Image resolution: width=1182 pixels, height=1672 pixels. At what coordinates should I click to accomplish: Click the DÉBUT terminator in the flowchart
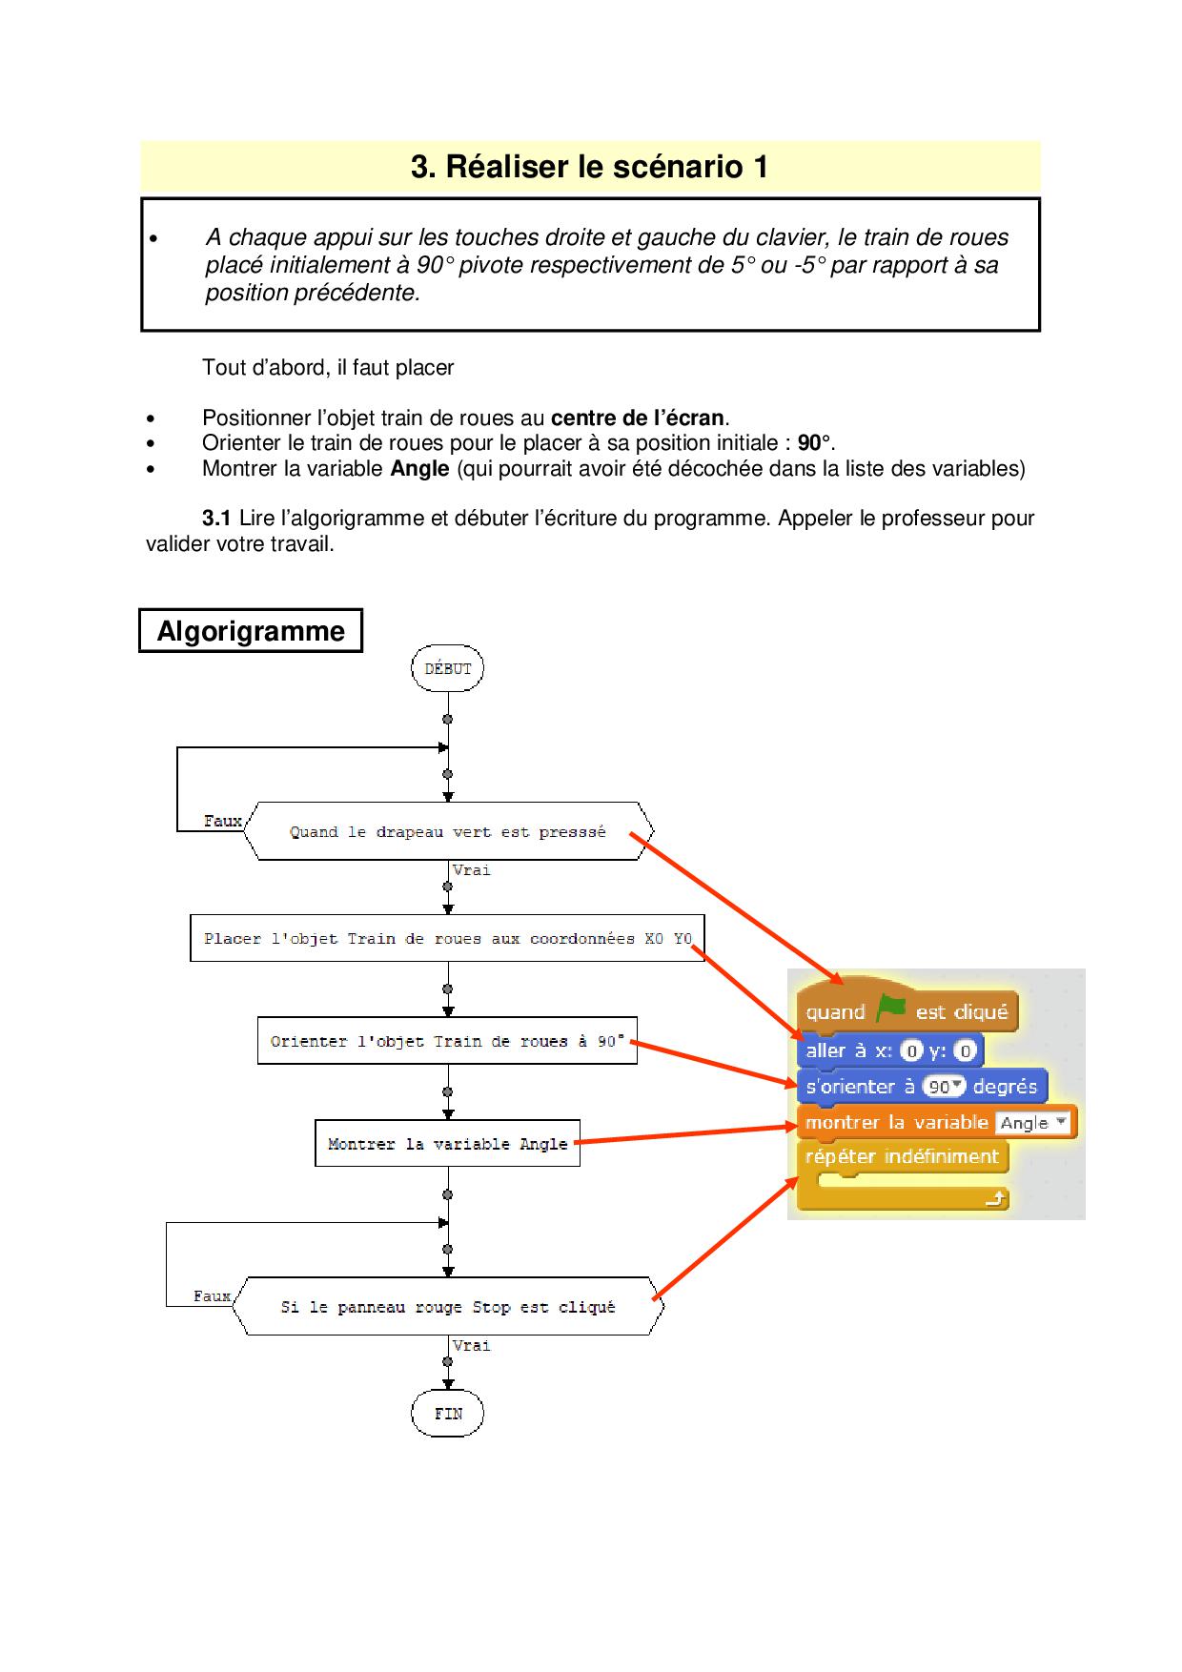(x=447, y=668)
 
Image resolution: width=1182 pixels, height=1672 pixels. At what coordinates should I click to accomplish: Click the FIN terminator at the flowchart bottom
(x=447, y=1414)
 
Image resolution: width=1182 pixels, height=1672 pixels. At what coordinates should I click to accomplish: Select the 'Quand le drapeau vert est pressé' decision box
(x=448, y=831)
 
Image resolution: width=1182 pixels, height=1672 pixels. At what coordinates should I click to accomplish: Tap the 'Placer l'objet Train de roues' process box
(x=447, y=939)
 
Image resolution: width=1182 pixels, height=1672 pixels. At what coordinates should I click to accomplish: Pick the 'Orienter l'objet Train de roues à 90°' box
(x=447, y=1041)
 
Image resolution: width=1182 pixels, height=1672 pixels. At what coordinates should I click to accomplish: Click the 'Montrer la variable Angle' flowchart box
(x=447, y=1144)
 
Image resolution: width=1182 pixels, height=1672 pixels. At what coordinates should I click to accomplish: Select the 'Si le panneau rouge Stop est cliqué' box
(x=448, y=1307)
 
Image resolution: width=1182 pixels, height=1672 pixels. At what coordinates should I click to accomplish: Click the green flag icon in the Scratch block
(x=890, y=1009)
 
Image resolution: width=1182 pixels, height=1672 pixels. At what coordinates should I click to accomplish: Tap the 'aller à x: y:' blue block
(x=848, y=1051)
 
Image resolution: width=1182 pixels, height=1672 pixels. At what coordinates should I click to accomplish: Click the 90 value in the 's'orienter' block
(x=939, y=1087)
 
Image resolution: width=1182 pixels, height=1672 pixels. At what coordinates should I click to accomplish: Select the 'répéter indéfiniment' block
(x=902, y=1157)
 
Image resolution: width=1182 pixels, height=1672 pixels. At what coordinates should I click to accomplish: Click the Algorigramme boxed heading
(x=251, y=631)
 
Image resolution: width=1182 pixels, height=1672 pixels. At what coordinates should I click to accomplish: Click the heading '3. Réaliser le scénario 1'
(x=589, y=167)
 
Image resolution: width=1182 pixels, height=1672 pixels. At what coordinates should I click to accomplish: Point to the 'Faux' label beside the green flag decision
(x=222, y=821)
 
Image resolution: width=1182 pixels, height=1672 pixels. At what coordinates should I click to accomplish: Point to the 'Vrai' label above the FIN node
(x=472, y=1345)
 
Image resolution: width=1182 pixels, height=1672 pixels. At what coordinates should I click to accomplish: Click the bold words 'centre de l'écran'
(x=638, y=418)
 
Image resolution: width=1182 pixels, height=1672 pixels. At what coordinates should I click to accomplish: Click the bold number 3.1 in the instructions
(x=216, y=519)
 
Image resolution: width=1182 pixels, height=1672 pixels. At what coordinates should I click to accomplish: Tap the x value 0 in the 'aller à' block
(x=911, y=1051)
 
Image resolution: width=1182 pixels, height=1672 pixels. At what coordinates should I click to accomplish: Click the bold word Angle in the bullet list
(x=419, y=468)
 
